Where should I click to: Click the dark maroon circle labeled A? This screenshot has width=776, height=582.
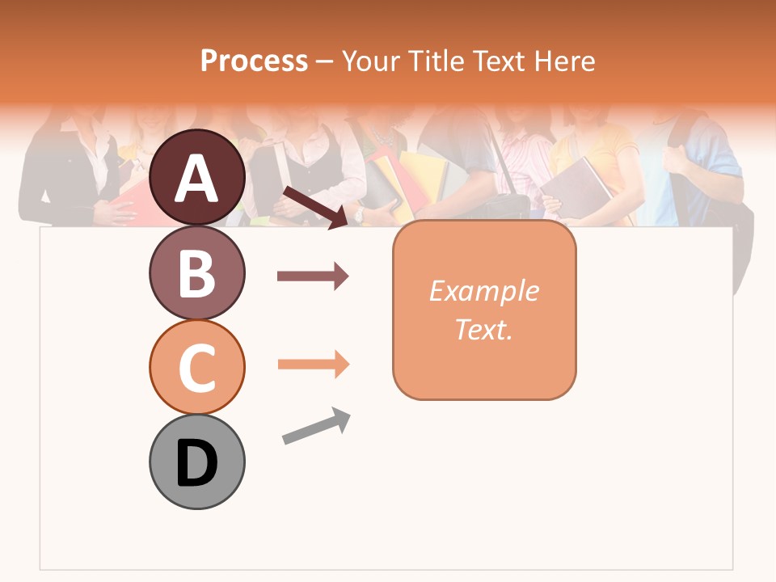pyautogui.click(x=196, y=177)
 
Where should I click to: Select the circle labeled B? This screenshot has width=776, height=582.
pyautogui.click(x=196, y=272)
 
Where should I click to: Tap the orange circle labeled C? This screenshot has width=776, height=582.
pyautogui.click(x=196, y=367)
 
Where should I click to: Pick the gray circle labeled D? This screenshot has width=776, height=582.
pyautogui.click(x=196, y=462)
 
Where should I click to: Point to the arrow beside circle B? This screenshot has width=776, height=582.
pyautogui.click(x=313, y=276)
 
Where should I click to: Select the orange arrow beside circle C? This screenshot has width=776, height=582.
pyautogui.click(x=313, y=365)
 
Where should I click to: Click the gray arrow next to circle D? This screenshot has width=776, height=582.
pyautogui.click(x=316, y=426)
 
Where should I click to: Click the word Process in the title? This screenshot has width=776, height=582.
pyautogui.click(x=254, y=61)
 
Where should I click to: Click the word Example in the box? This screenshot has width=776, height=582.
pyautogui.click(x=483, y=291)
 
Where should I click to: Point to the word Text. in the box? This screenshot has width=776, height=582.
pyautogui.click(x=483, y=329)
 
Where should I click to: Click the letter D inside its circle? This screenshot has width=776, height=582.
pyautogui.click(x=196, y=463)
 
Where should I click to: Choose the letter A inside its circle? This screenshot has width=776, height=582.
pyautogui.click(x=196, y=179)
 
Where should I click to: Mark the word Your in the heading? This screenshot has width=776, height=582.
pyautogui.click(x=370, y=61)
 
